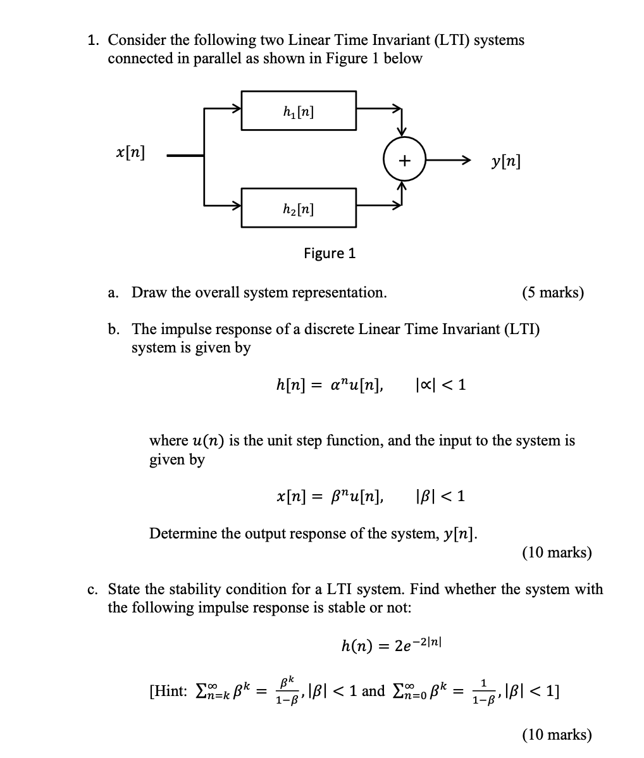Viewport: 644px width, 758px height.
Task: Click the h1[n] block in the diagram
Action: tap(298, 111)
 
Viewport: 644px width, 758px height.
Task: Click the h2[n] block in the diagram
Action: tap(298, 208)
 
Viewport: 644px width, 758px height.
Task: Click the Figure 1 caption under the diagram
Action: tap(330, 254)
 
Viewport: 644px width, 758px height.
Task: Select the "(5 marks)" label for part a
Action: tap(553, 292)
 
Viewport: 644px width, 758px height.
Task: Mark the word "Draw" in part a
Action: tap(150, 292)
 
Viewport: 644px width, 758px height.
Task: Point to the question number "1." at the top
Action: tap(94, 40)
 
